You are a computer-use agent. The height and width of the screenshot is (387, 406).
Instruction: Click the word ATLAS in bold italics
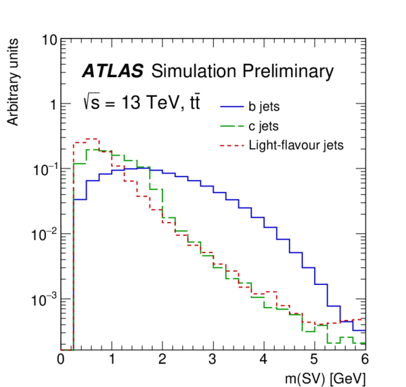coord(112,71)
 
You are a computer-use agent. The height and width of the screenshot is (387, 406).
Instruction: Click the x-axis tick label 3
coord(213,359)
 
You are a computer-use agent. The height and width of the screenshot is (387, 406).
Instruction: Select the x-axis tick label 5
coord(314,359)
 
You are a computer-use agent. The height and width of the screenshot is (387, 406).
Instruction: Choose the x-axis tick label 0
coord(62,359)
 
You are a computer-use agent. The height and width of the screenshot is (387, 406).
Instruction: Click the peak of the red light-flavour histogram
coord(93,138)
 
